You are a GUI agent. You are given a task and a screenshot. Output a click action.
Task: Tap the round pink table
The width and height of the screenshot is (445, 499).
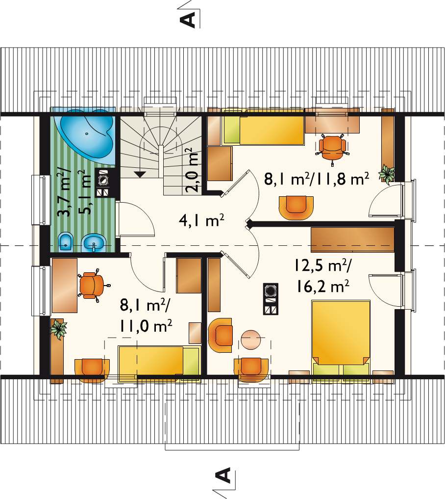click(251, 340)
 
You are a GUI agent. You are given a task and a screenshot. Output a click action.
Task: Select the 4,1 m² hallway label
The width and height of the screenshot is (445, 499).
click(201, 220)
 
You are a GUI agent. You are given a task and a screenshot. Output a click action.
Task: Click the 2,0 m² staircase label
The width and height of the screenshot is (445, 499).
click(193, 170)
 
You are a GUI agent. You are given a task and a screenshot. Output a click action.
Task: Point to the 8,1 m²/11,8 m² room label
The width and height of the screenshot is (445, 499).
click(317, 179)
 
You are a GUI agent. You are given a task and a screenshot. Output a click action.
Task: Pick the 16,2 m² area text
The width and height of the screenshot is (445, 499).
click(323, 287)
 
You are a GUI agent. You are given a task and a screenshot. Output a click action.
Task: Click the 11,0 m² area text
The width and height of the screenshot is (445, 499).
click(146, 326)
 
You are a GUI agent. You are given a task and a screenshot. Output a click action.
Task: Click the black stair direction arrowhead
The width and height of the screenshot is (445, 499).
click(140, 174)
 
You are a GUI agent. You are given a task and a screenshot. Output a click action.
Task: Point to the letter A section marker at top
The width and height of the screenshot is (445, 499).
click(187, 20)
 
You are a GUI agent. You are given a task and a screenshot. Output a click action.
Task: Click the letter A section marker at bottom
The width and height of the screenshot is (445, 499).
click(223, 475)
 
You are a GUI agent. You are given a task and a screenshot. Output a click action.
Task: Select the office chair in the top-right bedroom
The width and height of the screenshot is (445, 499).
click(332, 148)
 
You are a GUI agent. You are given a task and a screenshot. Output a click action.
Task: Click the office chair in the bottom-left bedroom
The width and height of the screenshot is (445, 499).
click(93, 285)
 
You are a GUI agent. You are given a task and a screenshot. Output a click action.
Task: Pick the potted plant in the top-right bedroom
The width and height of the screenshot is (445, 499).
click(387, 174)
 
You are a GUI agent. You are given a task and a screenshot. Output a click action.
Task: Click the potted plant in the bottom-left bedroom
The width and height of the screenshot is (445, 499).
click(58, 329)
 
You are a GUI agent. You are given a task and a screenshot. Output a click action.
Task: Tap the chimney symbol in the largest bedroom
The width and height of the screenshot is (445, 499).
click(271, 299)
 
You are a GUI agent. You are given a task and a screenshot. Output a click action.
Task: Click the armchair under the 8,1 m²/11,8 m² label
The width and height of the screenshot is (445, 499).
click(296, 208)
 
